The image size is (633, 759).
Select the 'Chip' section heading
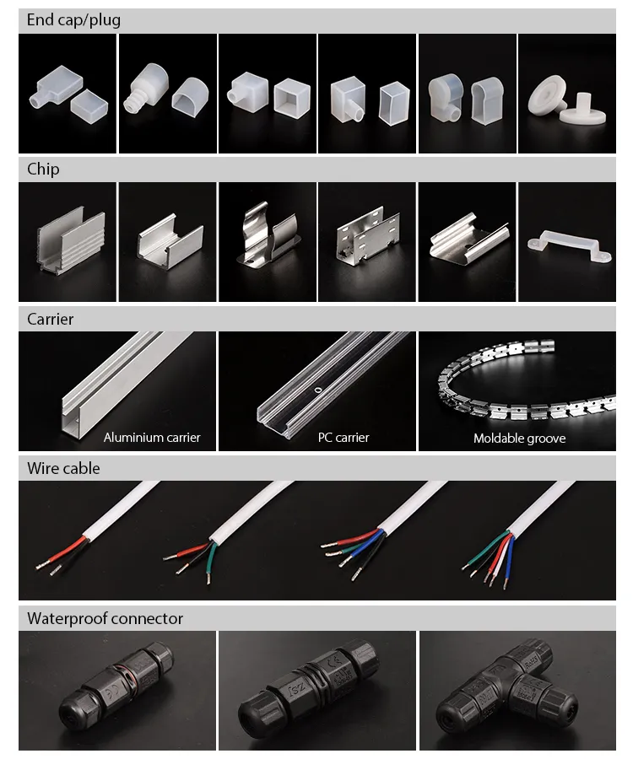click(x=43, y=170)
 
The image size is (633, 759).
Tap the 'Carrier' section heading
click(x=50, y=320)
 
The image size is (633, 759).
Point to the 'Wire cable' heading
click(x=63, y=468)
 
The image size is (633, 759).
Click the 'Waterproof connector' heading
click(x=105, y=618)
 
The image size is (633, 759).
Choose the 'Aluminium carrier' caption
click(x=152, y=438)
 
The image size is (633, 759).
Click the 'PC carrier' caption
click(x=344, y=438)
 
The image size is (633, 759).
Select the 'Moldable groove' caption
click(x=519, y=439)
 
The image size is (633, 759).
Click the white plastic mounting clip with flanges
click(x=565, y=244)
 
